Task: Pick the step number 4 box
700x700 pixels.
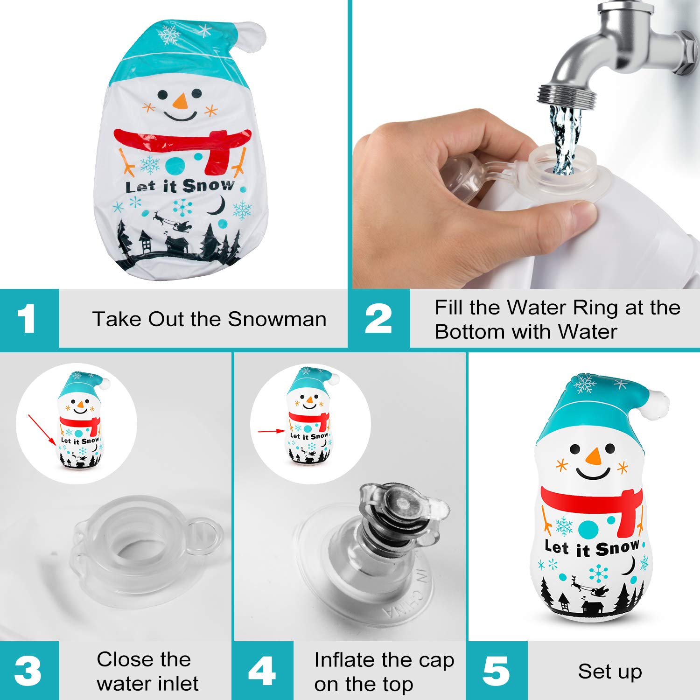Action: (x=263, y=671)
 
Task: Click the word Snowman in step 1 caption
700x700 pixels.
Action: (x=277, y=319)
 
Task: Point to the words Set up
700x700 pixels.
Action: (x=609, y=672)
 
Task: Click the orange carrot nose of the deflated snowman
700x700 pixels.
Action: (x=180, y=100)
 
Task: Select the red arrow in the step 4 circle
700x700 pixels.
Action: (x=271, y=431)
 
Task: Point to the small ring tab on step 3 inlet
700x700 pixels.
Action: (x=205, y=537)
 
